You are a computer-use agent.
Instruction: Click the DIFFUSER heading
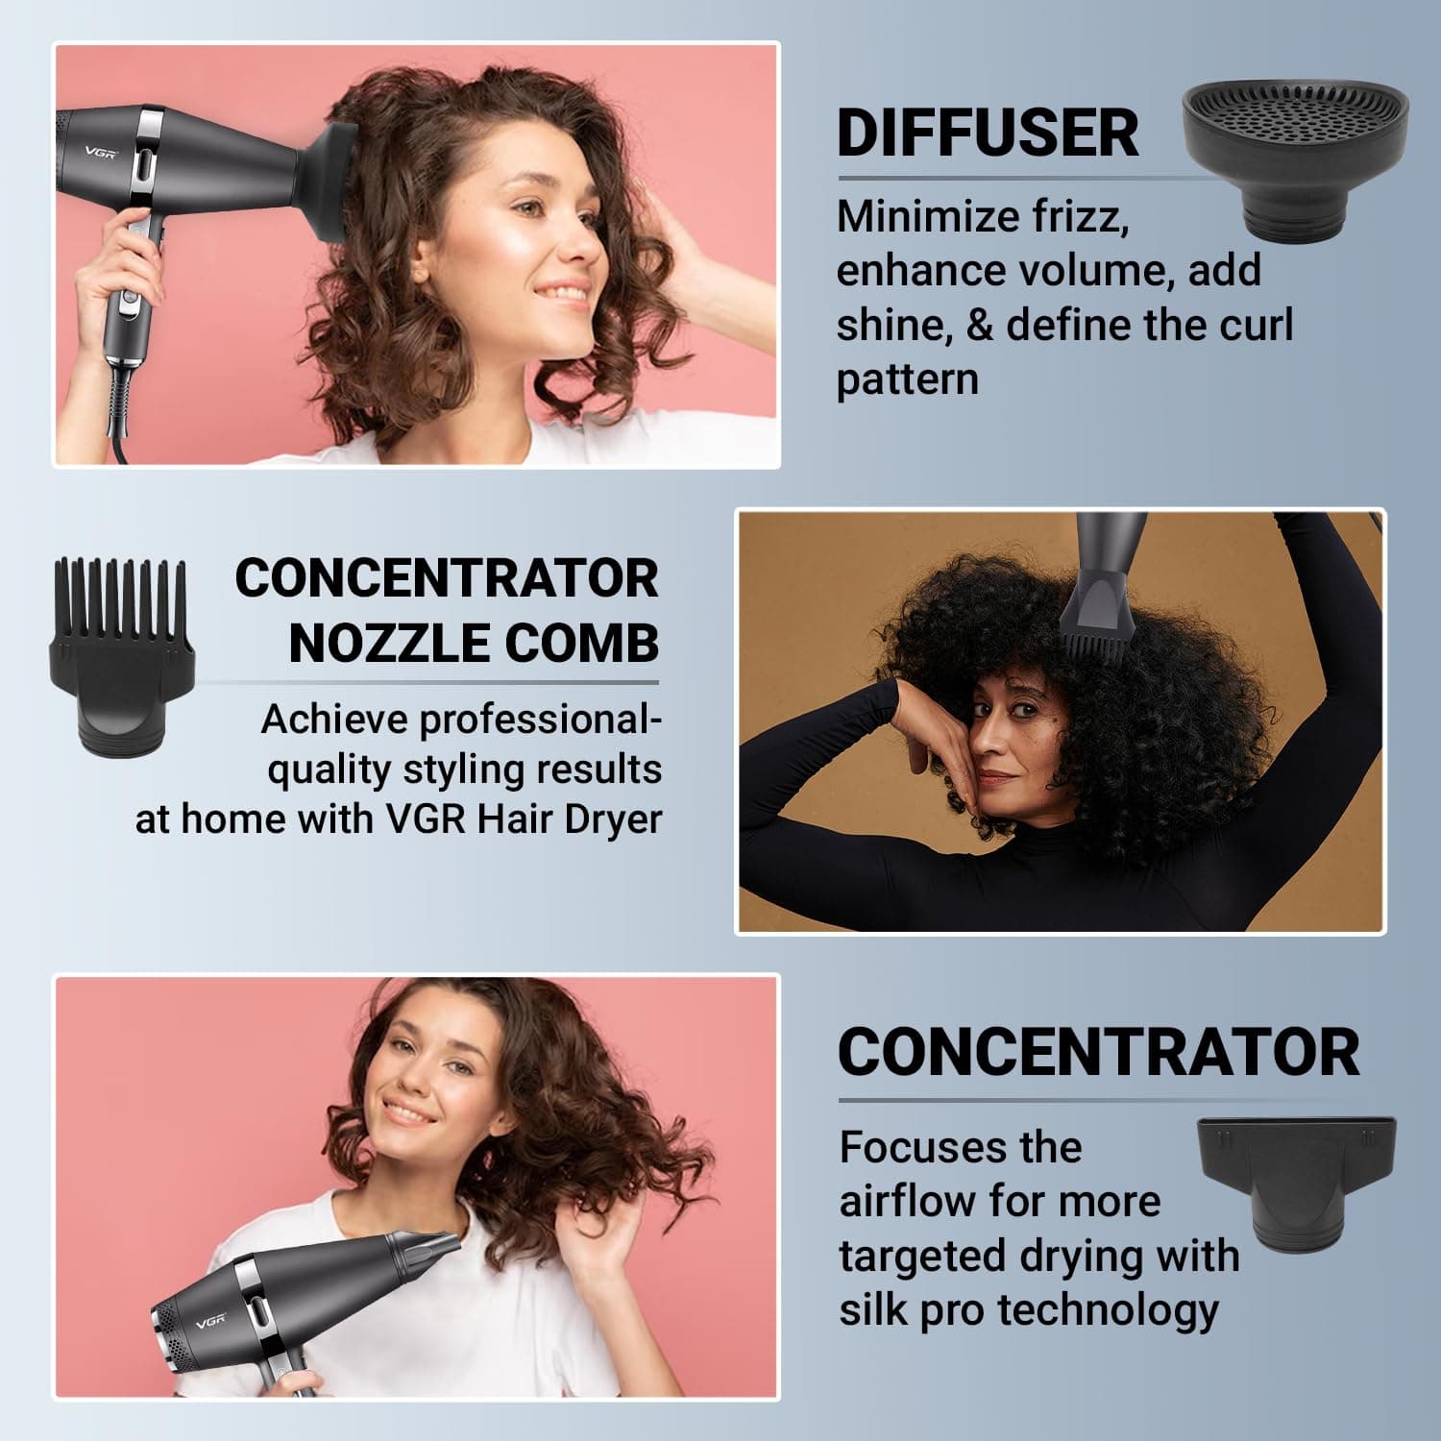click(x=988, y=133)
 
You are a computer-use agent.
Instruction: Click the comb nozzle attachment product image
click(x=122, y=656)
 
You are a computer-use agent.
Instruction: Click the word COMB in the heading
click(x=581, y=643)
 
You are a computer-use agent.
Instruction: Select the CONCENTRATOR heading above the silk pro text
click(x=1098, y=1052)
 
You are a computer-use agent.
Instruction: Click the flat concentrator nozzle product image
click(x=1296, y=1184)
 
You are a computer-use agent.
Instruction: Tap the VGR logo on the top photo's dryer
click(x=100, y=152)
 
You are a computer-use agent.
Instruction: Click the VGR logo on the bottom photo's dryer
click(x=211, y=1322)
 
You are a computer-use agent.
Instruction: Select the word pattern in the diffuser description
click(x=907, y=380)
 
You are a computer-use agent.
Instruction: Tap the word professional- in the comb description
click(x=461, y=720)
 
